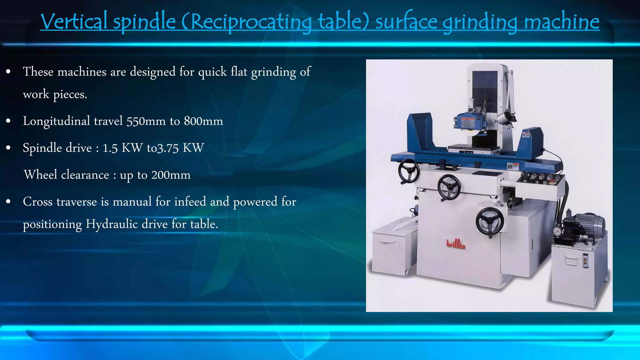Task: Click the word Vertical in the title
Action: coord(74,21)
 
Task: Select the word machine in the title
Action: coord(562,21)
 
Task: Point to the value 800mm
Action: coord(203,121)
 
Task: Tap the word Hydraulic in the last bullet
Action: coord(112,224)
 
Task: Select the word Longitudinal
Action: coord(57,121)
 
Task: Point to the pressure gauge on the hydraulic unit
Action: coord(557,232)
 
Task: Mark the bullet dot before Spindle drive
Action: coord(8,148)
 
